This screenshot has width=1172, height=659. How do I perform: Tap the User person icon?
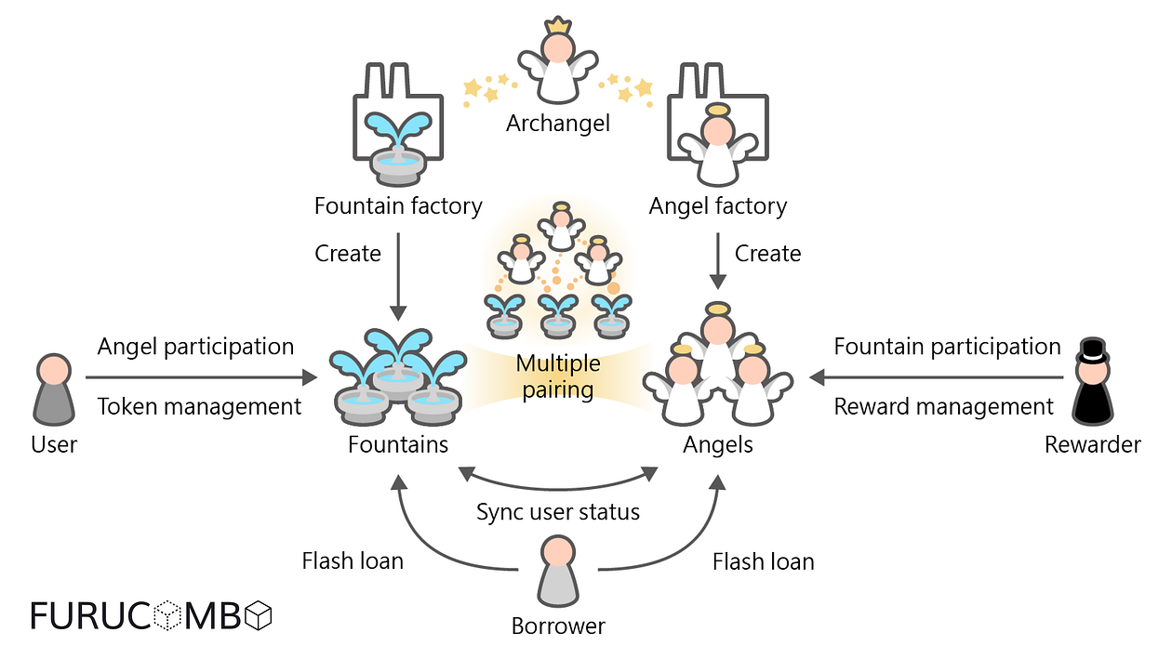click(54, 389)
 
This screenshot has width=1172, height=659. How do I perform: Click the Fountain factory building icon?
click(398, 125)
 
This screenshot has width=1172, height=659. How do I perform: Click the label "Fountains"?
click(398, 445)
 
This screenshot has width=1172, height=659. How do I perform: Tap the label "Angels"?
click(718, 445)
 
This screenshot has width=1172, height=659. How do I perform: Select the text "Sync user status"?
click(558, 512)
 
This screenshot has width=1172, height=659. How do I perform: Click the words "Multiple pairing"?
click(558, 376)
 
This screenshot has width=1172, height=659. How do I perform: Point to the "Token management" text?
click(199, 406)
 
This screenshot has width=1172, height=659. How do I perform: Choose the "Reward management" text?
click(943, 406)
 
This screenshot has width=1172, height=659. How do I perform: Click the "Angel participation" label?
click(195, 347)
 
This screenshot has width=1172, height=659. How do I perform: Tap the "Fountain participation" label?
click(947, 347)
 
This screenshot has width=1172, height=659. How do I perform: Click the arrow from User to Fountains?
click(200, 377)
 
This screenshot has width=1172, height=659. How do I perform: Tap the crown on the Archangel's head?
click(558, 25)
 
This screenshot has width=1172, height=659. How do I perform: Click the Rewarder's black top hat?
click(1092, 352)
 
